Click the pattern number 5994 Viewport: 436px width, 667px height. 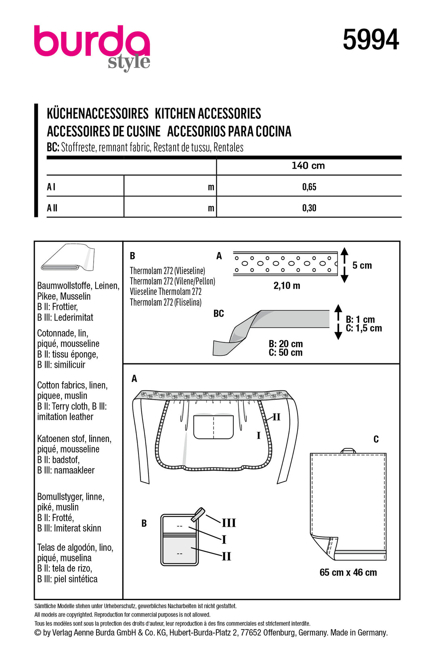(x=371, y=40)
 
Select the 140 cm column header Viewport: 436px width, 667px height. (x=308, y=166)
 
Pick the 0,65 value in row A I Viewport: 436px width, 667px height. (x=309, y=187)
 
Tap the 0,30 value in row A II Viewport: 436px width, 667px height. (x=309, y=208)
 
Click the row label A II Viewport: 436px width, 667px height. (x=52, y=208)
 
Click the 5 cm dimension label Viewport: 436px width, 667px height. (x=362, y=265)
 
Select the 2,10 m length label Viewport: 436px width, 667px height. (x=287, y=286)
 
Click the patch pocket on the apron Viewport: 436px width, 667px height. (x=214, y=426)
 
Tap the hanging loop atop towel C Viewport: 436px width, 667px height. (x=348, y=450)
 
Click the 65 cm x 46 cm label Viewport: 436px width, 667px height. (x=348, y=573)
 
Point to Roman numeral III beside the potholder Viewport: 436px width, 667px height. (x=228, y=523)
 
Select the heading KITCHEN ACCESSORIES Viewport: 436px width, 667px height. (x=208, y=114)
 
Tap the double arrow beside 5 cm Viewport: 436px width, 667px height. (x=344, y=265)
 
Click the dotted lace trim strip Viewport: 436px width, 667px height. (x=285, y=264)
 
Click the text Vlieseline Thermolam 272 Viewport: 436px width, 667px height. (x=166, y=292)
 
